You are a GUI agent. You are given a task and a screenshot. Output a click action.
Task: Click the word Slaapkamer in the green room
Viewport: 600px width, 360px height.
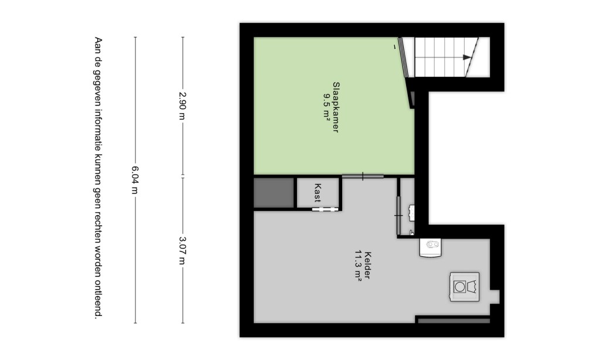(336, 107)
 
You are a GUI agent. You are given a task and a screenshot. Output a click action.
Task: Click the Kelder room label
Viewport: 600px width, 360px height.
(368, 265)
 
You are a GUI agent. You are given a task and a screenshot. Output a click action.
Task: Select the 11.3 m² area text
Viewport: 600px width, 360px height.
(359, 266)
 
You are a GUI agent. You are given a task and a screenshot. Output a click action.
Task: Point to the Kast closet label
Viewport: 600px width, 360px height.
(317, 193)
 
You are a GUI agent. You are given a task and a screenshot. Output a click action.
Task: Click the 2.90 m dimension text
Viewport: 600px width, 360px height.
(183, 106)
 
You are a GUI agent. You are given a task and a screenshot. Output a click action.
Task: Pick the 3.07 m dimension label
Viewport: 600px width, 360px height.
(183, 250)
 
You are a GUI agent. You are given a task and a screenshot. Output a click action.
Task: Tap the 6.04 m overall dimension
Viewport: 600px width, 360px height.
(135, 180)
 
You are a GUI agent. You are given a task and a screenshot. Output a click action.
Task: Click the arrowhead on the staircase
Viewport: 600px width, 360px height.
(467, 57)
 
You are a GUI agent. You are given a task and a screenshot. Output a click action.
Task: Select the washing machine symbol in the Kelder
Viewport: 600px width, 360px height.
(465, 287)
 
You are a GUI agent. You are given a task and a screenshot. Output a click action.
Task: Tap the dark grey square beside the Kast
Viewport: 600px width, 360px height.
(274, 193)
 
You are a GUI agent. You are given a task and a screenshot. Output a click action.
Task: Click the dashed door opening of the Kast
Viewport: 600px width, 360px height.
(325, 209)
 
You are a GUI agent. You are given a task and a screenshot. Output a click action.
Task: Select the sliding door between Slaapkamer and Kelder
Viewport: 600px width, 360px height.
(363, 176)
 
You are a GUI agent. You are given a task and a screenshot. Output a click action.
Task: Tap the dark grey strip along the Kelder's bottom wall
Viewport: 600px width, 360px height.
(454, 321)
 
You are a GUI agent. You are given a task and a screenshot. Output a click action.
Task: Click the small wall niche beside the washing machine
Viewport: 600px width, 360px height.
(495, 297)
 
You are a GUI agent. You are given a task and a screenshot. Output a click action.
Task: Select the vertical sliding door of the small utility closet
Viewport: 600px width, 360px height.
(398, 216)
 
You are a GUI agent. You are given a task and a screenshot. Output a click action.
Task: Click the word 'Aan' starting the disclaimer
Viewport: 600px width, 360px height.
(98, 45)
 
